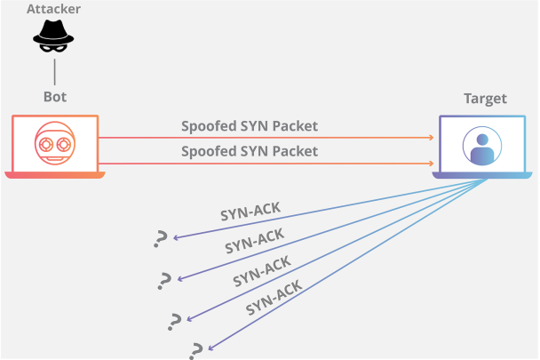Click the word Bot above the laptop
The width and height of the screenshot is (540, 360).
point(55,96)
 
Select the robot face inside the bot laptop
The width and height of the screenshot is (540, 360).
point(54,142)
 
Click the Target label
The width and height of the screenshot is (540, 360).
point(485,98)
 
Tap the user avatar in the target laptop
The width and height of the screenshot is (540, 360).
point(482,145)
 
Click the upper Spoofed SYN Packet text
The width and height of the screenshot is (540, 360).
point(250,126)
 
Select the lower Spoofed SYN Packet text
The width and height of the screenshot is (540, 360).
point(250,151)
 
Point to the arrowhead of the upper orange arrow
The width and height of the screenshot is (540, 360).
point(431,138)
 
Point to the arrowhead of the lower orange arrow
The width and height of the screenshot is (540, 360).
point(431,164)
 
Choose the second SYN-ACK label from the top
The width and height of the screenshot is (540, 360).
point(254,239)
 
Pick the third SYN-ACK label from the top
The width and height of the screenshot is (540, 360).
point(263,268)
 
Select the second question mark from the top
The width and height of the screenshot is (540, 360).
point(164,281)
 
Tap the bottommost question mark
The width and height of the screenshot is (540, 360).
point(196,349)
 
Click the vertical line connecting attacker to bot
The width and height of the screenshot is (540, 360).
point(55,69)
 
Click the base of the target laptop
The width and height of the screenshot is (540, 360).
point(482,175)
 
